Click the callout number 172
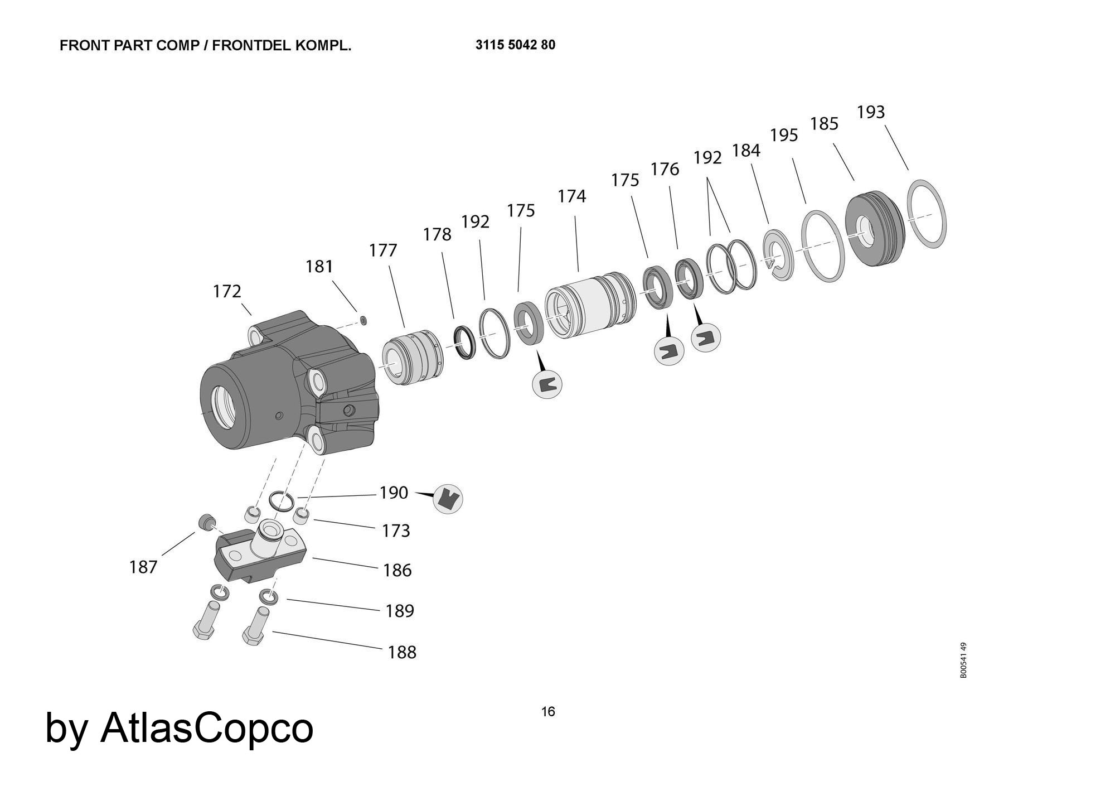pyautogui.click(x=227, y=291)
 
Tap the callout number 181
pyautogui.click(x=319, y=267)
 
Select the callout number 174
pyautogui.click(x=571, y=196)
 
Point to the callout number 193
pyautogui.click(x=870, y=112)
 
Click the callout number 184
pyautogui.click(x=746, y=151)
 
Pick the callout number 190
pyautogui.click(x=394, y=493)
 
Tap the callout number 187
pyautogui.click(x=143, y=567)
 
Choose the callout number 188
pyautogui.click(x=402, y=652)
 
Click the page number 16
pyautogui.click(x=548, y=712)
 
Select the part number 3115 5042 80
pyautogui.click(x=515, y=45)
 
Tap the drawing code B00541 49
pyautogui.click(x=963, y=660)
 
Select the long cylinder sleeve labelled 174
pyautogui.click(x=589, y=305)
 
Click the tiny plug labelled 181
pyautogui.click(x=363, y=320)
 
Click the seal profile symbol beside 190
pyautogui.click(x=448, y=498)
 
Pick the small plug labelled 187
pyautogui.click(x=206, y=522)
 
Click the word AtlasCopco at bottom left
pyautogui.click(x=206, y=728)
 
